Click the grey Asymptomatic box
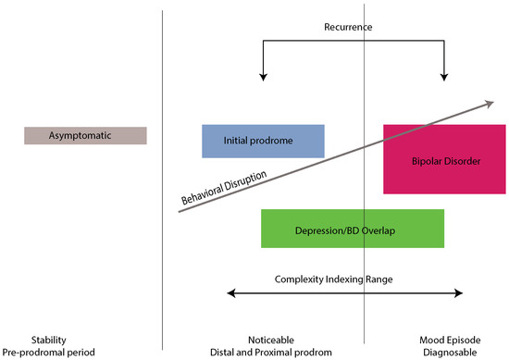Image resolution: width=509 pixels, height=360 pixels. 85,136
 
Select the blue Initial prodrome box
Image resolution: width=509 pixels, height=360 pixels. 263,141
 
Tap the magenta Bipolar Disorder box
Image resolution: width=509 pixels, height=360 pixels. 444,159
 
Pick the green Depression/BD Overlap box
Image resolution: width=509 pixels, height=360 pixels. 352,229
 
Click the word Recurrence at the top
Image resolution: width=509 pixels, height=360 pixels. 348,27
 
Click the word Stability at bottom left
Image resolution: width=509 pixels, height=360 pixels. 48,340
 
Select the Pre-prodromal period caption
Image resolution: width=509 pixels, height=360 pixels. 48,353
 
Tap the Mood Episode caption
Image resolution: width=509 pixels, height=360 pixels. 453,340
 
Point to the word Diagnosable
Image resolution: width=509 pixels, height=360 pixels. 453,353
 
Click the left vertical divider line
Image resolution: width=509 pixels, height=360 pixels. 162,185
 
